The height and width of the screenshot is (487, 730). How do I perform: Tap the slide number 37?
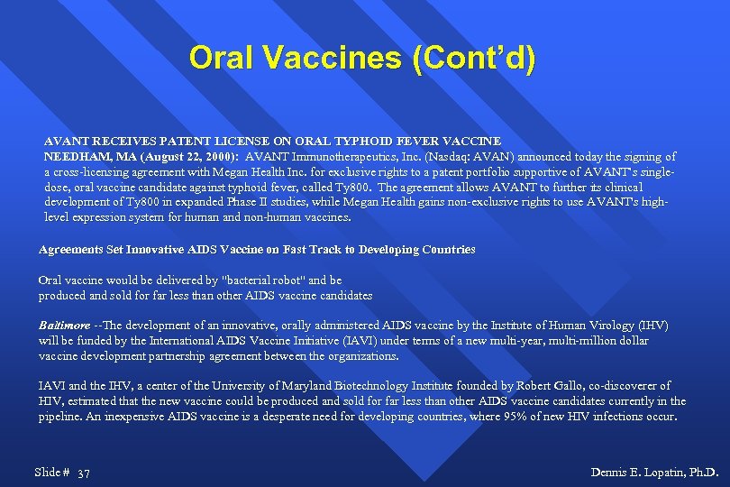[84, 473]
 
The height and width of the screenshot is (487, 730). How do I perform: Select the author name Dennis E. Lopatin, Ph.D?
[653, 473]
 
